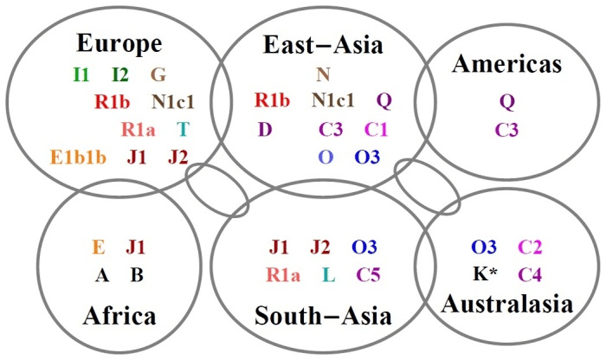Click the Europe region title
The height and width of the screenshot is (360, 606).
pos(119,44)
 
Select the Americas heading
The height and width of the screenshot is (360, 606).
pos(507,63)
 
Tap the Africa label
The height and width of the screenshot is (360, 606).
pos(119,316)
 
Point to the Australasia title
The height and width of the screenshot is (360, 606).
pos(507,304)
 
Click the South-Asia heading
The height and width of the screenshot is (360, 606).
pos(323,316)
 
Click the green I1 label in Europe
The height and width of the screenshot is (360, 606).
pos(81,75)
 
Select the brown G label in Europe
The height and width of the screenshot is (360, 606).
pos(158,75)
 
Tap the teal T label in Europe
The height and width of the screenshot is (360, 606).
pos(182,129)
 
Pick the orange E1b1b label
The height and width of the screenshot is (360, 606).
pos(78,157)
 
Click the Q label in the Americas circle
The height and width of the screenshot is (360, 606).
pos(507,102)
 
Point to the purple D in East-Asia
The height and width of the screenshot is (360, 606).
pos(264,129)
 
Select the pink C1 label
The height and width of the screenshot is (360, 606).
pos(376,129)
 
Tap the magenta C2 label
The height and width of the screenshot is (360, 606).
pos(531,247)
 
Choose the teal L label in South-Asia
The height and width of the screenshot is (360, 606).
pos(329,274)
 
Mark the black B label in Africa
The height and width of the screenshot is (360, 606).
pos(137,274)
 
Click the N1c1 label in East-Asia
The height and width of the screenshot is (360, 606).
pos(333,100)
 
